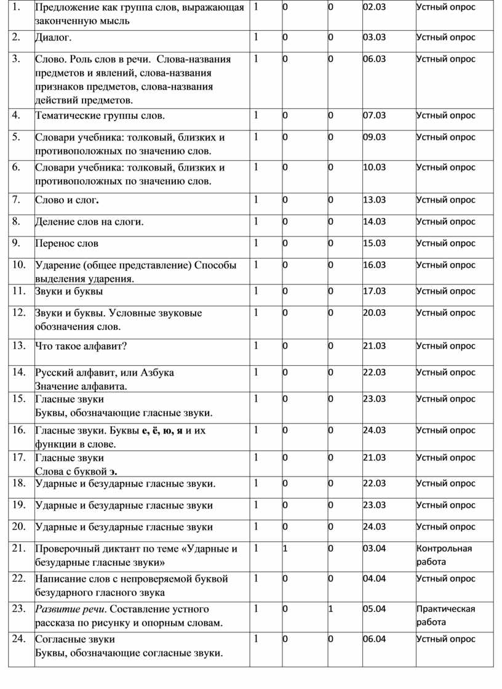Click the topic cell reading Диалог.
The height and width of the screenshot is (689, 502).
53,38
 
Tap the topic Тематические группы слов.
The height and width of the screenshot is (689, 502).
100,115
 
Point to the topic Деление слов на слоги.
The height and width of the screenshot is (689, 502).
89,222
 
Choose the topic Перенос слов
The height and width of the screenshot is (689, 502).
66,243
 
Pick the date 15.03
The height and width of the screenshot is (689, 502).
374,243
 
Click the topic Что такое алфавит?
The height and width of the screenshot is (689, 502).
81,346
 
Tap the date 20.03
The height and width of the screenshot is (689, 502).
374,312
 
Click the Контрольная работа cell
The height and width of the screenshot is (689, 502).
444,555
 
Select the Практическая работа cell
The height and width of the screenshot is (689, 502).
445,615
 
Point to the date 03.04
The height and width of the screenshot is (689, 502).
374,548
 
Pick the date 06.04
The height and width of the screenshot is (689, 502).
374,639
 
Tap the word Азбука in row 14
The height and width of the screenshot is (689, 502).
157,373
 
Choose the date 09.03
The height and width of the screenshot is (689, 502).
374,137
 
